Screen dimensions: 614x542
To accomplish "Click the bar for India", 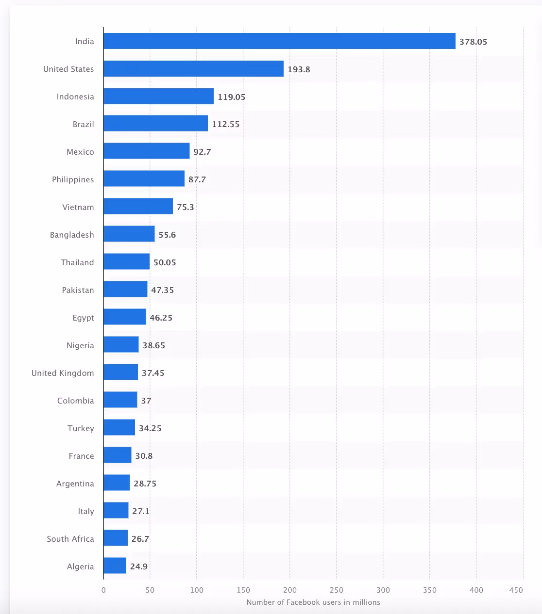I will pos(279,41).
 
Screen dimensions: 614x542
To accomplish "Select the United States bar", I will pos(193,69).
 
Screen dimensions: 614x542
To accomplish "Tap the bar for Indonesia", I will pos(158,97).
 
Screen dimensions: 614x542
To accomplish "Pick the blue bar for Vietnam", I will pos(138,206).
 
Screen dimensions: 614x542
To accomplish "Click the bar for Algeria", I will pos(115,566).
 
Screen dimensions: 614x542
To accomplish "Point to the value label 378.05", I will pos(473,42).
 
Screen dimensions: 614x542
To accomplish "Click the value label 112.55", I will pos(225,124).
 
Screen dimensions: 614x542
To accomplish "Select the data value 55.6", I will pos(167,235).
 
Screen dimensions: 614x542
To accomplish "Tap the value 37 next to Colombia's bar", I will pos(146,401).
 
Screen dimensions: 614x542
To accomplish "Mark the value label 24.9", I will pos(138,566).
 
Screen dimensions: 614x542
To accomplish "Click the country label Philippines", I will pos(73,179).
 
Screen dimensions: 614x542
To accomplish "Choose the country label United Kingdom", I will pos(63,373).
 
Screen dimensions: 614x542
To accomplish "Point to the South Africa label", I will pos(70,539).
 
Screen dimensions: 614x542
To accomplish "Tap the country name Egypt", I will pos(83,318).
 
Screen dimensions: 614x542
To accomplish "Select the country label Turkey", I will pos(81,428).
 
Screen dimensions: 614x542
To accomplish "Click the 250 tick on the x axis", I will pos(336,590).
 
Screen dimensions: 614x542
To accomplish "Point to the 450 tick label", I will pos(516,590).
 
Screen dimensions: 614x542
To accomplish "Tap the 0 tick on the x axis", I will pos(103,590).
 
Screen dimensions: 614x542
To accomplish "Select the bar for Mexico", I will pos(146,151).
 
